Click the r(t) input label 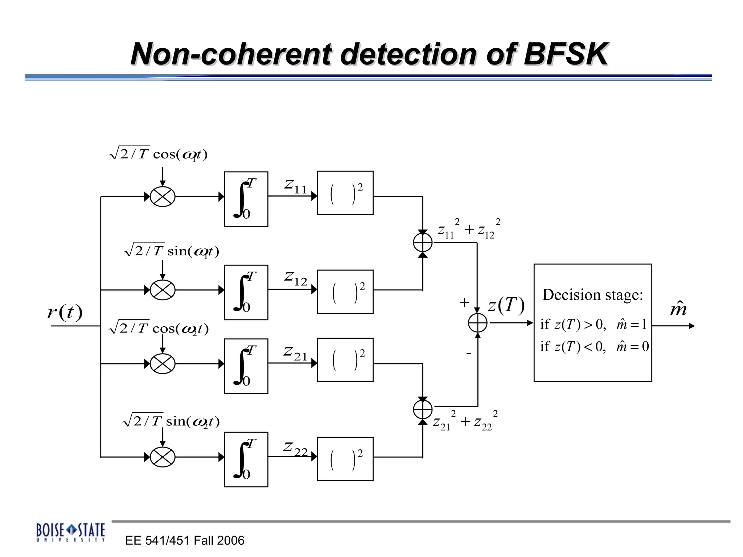coord(65,312)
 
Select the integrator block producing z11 coord(246,199)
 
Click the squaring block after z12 coord(345,292)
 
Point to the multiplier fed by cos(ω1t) coord(163,197)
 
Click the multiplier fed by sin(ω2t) coord(163,457)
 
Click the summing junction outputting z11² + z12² coord(423,243)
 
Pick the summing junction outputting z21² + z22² coord(423,409)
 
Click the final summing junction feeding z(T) coord(478,323)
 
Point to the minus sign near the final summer coord(469,354)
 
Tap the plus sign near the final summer coord(464,302)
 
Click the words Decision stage coord(592,295)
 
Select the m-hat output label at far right coord(678,309)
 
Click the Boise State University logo coord(71,532)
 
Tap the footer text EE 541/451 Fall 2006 coord(185,540)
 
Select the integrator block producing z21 coord(246,366)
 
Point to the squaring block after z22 coord(345,459)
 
